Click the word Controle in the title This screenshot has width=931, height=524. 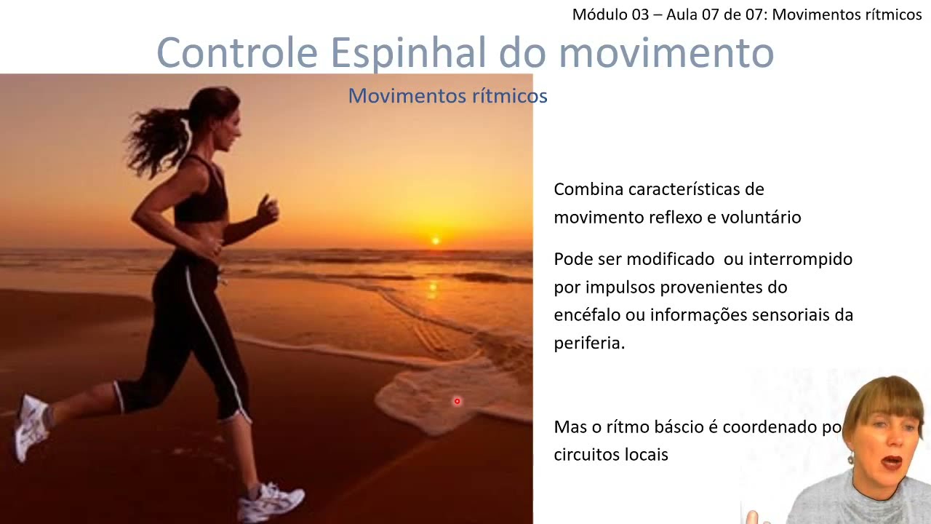pyautogui.click(x=237, y=52)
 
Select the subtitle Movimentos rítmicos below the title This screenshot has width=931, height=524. pyautogui.click(x=447, y=96)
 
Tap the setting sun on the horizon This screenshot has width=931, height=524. pyautogui.click(x=436, y=240)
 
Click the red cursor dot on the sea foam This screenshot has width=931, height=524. pyautogui.click(x=457, y=401)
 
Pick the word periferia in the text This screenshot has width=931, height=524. pyautogui.click(x=589, y=344)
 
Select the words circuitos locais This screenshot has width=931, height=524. pyautogui.click(x=611, y=455)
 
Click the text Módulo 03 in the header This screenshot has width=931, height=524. pyautogui.click(x=610, y=15)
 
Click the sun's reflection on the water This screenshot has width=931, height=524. pyautogui.click(x=433, y=289)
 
